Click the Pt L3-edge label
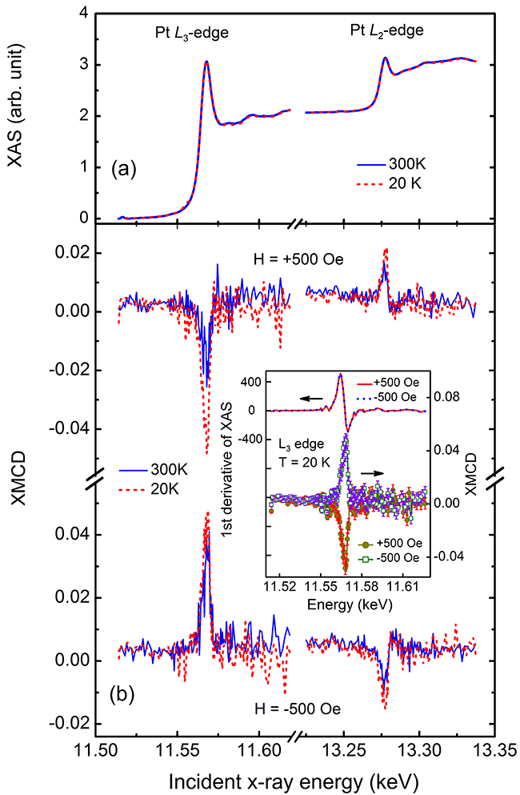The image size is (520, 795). point(190,34)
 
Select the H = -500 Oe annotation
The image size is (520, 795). point(289,707)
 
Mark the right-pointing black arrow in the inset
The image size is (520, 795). point(371,474)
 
